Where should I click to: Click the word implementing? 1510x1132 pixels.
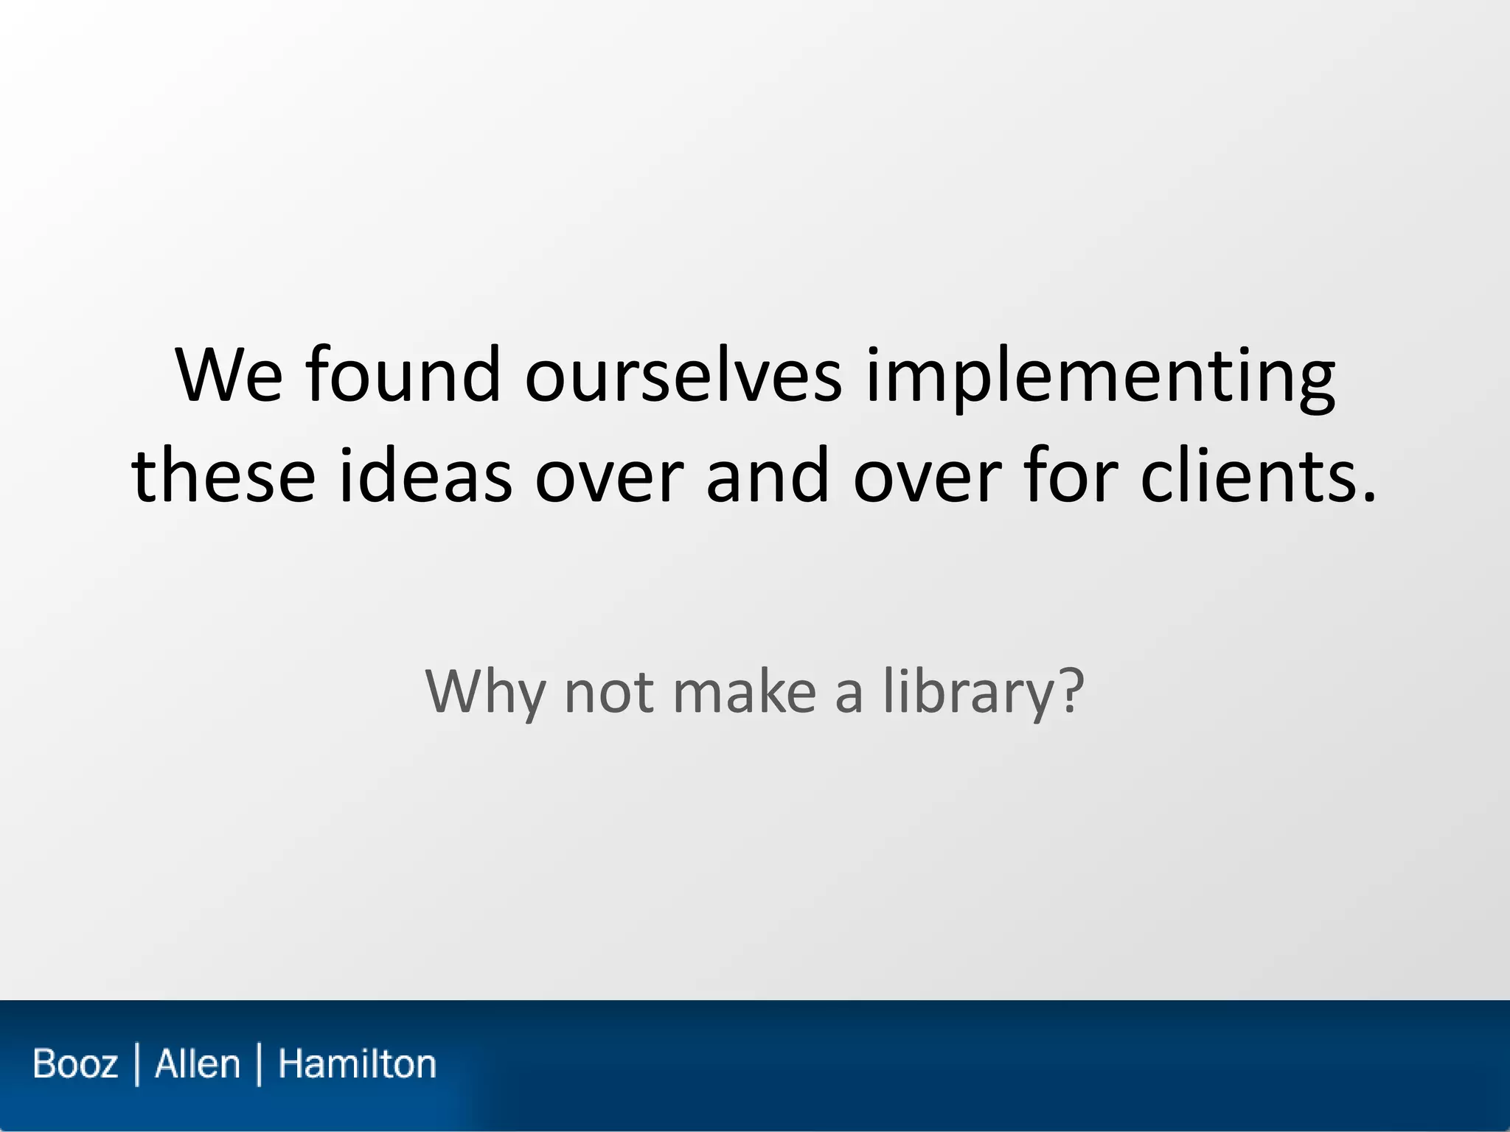(x=1100, y=377)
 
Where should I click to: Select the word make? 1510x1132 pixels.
(x=745, y=691)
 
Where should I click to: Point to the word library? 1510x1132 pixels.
(x=967, y=691)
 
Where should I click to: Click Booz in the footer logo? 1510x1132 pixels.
(x=75, y=1064)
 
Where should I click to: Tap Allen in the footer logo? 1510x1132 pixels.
(x=198, y=1064)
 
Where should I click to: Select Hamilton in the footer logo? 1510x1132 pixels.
(x=357, y=1064)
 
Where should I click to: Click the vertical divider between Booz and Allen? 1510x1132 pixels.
(x=137, y=1064)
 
